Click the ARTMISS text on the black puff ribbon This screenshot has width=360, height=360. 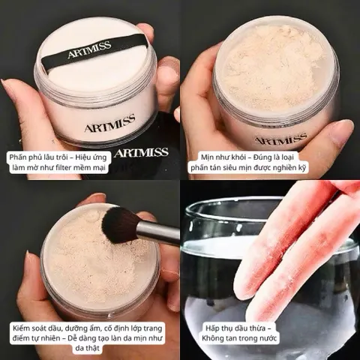[89, 50]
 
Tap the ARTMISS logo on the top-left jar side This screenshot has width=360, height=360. [109, 123]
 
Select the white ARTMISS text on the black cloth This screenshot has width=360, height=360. [142, 152]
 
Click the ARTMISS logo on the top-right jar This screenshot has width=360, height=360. [280, 139]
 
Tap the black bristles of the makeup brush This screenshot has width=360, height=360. [119, 224]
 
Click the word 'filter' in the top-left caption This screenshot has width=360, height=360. [73, 167]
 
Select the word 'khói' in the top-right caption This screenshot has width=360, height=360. [238, 157]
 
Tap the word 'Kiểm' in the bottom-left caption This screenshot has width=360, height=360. [21, 328]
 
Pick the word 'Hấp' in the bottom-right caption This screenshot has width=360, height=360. [212, 328]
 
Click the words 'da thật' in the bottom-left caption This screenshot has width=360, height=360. [87, 348]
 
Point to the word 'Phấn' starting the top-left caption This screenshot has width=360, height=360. [18, 157]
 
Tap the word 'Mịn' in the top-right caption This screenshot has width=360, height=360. [207, 157]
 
